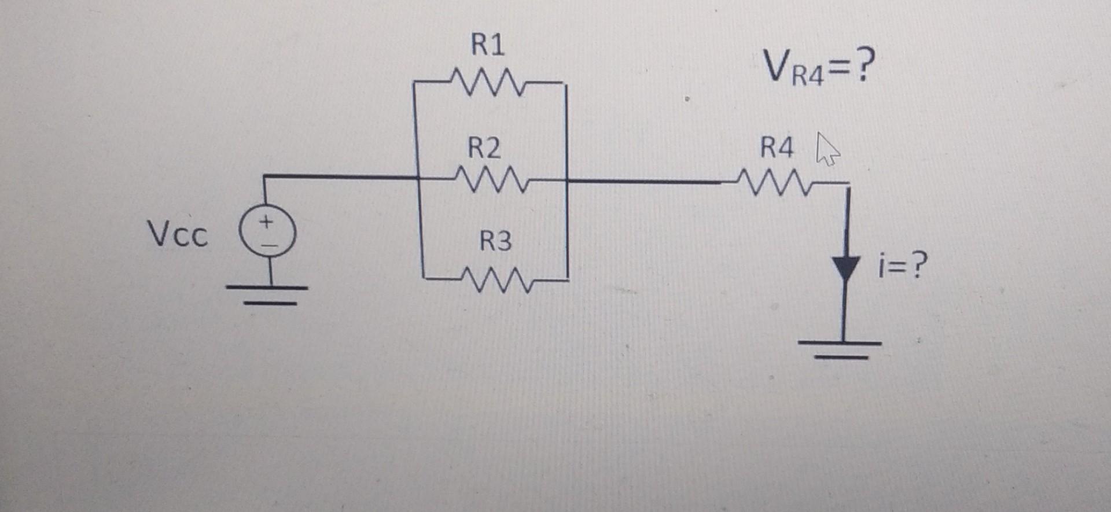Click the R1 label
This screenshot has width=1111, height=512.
click(x=488, y=45)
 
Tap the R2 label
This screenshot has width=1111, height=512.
click(x=484, y=149)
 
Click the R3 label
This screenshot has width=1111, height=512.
click(x=496, y=241)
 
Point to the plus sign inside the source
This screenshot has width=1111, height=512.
click(x=266, y=222)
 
